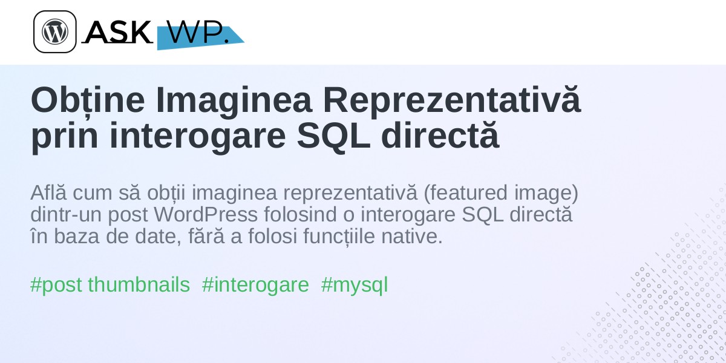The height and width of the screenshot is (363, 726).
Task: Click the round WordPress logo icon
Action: tap(55, 31)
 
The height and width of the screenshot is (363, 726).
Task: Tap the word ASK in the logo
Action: tap(118, 31)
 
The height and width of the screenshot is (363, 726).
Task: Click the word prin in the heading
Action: tap(64, 137)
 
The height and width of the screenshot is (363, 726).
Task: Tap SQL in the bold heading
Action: tap(333, 136)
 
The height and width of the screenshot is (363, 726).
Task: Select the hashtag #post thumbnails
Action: tap(110, 285)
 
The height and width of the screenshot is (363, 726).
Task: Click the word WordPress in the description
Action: tap(206, 215)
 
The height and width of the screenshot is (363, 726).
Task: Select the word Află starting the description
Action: tap(48, 192)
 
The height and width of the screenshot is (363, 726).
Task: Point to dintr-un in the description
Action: tap(66, 215)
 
